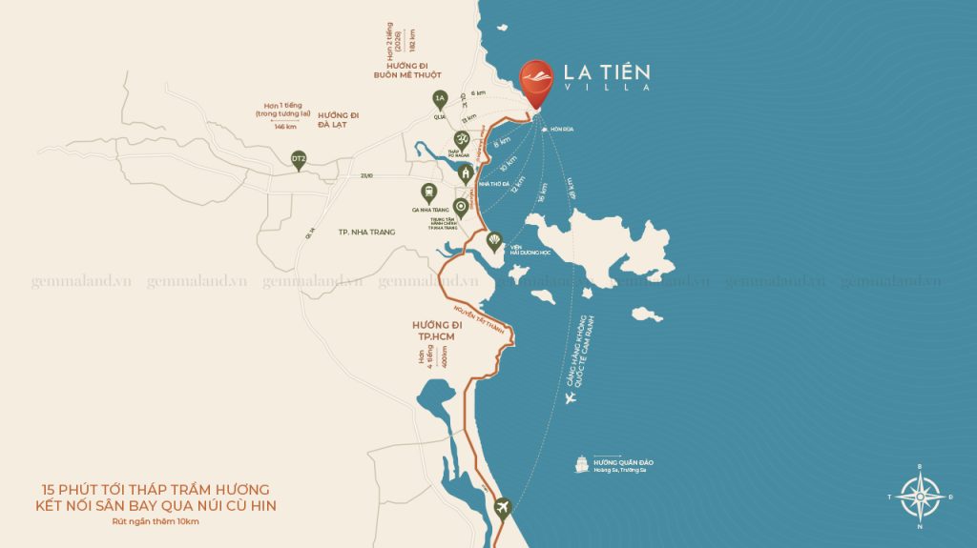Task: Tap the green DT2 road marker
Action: point(299,159)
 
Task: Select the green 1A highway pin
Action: point(440,100)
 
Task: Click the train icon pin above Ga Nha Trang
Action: point(429,192)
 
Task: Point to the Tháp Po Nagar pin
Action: point(457,143)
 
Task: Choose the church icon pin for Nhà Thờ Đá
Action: point(466,173)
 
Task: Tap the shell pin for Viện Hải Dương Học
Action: point(494,241)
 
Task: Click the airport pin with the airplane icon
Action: point(502,508)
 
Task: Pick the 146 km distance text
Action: point(284,125)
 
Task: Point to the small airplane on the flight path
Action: point(571,398)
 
